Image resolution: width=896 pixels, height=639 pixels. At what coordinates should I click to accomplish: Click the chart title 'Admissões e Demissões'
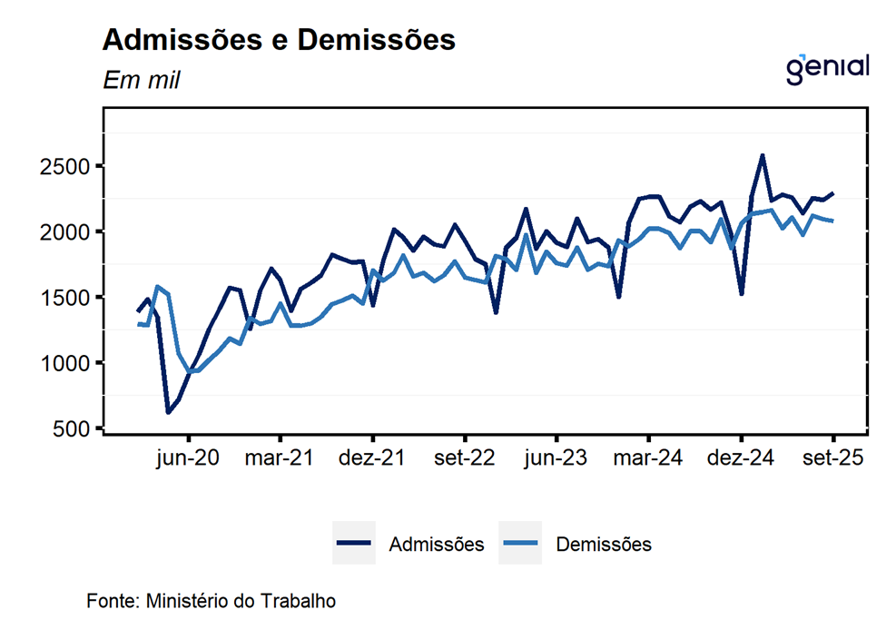click(279, 41)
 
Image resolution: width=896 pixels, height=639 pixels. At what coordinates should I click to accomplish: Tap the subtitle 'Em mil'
click(142, 81)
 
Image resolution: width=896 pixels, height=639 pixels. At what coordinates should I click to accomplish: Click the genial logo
click(827, 68)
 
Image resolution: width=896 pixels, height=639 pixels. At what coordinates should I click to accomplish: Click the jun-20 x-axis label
click(188, 458)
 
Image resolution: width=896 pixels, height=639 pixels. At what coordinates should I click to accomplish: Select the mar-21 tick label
click(280, 458)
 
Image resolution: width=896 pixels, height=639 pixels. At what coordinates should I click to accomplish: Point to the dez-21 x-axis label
click(372, 458)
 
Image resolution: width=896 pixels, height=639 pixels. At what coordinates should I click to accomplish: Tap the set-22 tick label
click(464, 458)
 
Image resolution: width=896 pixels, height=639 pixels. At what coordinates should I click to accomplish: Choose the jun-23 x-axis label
click(556, 458)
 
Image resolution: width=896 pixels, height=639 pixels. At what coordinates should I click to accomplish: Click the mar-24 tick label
click(649, 458)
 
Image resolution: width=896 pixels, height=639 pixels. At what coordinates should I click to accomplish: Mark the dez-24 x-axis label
click(742, 458)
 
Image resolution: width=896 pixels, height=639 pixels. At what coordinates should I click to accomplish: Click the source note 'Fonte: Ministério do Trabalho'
click(212, 601)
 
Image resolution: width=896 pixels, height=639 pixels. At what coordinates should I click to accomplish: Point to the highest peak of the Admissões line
click(762, 156)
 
